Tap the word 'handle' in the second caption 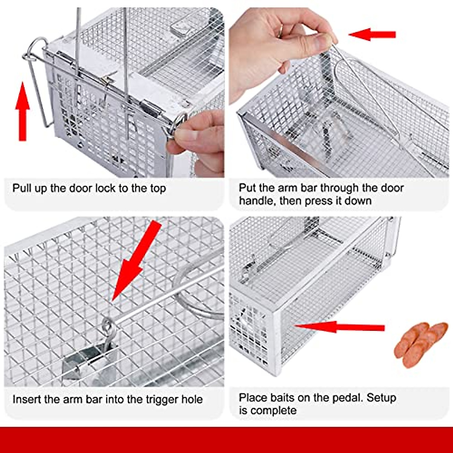pyautogui.click(x=257, y=200)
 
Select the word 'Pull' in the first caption pyautogui.click(x=22, y=188)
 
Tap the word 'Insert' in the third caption pyautogui.click(x=27, y=399)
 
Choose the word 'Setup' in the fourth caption pyautogui.click(x=382, y=398)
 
